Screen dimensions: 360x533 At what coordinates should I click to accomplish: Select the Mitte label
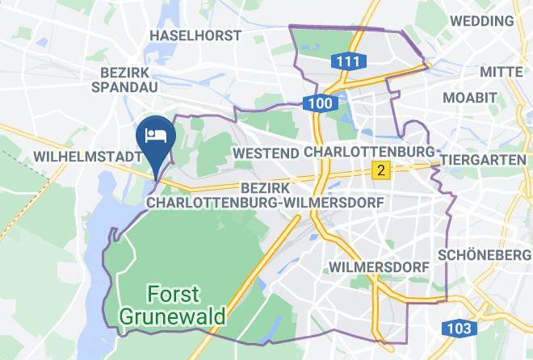pyautogui.click(x=501, y=73)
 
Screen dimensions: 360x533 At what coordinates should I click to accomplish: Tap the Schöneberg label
pyautogui.click(x=483, y=254)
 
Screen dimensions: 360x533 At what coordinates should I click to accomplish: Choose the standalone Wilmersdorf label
pyautogui.click(x=377, y=266)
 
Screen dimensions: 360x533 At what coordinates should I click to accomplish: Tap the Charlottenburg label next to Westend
pyautogui.click(x=370, y=153)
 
